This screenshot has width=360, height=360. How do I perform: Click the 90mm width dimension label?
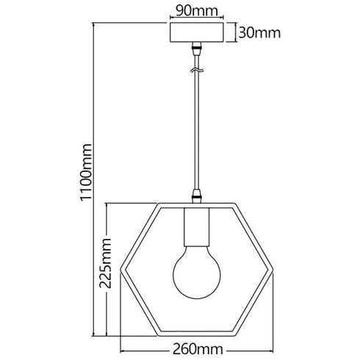pyautogui.click(x=197, y=11)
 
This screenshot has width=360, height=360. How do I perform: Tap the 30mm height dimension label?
pyautogui.click(x=259, y=33)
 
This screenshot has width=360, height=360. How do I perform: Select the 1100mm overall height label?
pyautogui.click(x=86, y=173)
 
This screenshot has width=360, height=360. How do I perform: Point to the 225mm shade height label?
pyautogui.click(x=105, y=263)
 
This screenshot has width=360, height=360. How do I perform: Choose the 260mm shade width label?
pyautogui.click(x=198, y=349)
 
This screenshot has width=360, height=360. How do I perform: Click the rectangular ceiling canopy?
pyautogui.click(x=197, y=32)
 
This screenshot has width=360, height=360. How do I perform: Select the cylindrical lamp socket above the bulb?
pyautogui.click(x=197, y=227)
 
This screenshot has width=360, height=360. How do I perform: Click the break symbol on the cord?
pyautogui.click(x=197, y=71)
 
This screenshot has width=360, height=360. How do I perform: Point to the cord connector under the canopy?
pyautogui.click(x=197, y=48)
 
